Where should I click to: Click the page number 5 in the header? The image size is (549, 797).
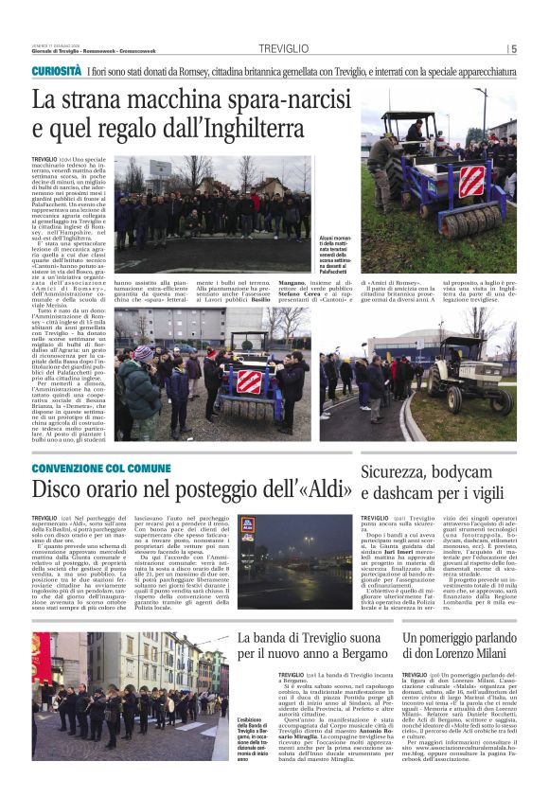(x=512, y=49)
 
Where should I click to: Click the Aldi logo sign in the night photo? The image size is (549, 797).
(x=247, y=524)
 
